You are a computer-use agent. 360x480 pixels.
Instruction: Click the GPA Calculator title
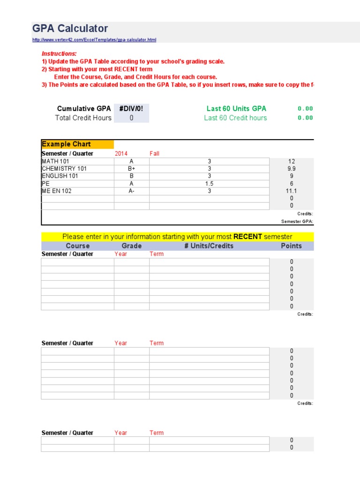pos(70,29)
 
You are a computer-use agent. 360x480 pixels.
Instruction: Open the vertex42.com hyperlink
pos(94,40)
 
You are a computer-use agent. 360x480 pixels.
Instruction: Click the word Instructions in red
pos(59,54)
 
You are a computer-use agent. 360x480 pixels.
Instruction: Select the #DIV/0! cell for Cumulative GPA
pos(131,109)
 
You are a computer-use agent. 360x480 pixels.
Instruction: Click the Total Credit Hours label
pos(83,118)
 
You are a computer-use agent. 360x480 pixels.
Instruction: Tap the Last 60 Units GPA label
pos(236,109)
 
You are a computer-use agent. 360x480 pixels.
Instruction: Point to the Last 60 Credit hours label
pos(235,118)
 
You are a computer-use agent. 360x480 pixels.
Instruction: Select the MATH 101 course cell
pos(55,161)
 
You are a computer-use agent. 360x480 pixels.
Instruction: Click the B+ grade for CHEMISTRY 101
pos(132,169)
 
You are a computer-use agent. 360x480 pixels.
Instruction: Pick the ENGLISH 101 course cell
pos(60,176)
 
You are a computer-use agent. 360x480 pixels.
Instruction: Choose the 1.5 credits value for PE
pos(209,184)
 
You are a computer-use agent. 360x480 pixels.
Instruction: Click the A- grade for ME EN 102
pos(132,191)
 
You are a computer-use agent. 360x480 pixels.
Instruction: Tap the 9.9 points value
pos(292,169)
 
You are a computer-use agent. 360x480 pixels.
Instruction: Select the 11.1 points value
pos(292,191)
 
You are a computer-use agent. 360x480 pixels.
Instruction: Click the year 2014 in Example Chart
pos(121,154)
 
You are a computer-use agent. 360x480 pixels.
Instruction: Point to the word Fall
pos(155,154)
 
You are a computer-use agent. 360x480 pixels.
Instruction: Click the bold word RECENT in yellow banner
pos(247,237)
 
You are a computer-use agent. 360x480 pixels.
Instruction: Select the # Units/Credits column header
pos(209,246)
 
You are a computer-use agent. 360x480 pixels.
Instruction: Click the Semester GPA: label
pos(297,222)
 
